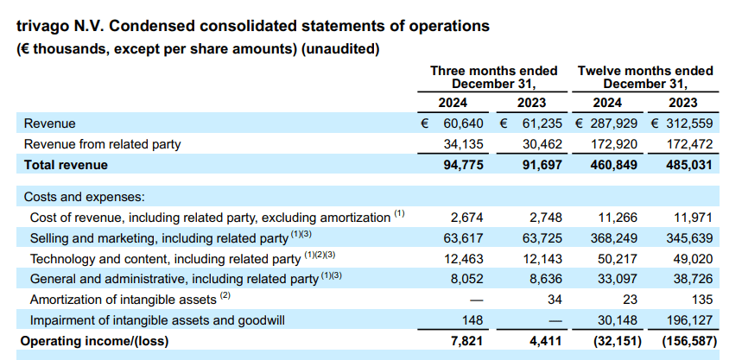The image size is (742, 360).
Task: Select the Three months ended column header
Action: point(493,71)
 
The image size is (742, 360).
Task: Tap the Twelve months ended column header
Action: point(645,71)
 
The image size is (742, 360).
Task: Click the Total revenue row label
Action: point(66,165)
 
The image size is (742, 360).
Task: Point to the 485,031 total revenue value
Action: point(691,165)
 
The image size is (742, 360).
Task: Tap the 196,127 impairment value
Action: point(691,320)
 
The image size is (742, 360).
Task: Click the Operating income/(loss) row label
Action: point(95,341)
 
